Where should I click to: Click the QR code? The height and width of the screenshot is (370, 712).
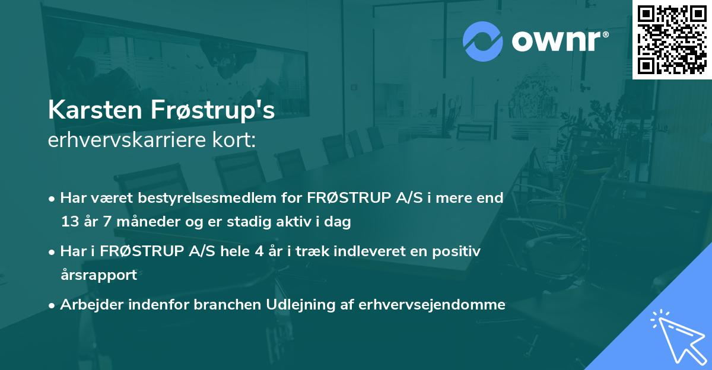pyautogui.click(x=672, y=39)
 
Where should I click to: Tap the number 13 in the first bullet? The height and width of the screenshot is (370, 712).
pyautogui.click(x=69, y=222)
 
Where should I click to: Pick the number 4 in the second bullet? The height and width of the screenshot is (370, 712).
pyautogui.click(x=259, y=251)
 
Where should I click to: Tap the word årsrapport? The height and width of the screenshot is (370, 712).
pyautogui.click(x=98, y=275)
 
